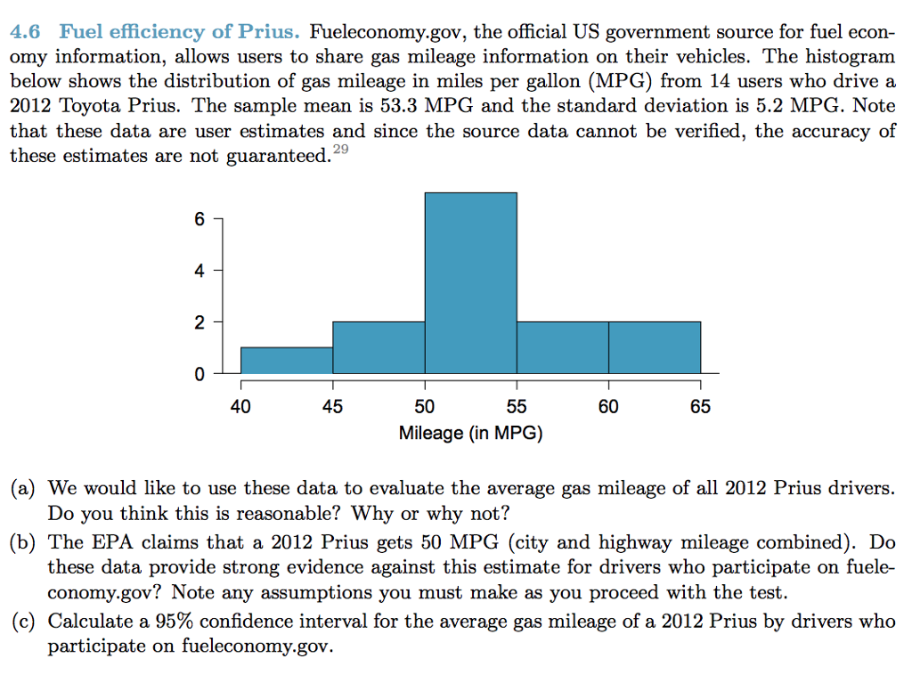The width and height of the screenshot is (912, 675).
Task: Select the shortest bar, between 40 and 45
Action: tap(287, 361)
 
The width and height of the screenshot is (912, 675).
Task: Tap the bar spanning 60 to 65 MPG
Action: tap(655, 347)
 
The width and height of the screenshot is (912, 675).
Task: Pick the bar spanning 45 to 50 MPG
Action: tap(379, 347)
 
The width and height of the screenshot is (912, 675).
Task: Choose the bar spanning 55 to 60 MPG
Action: tap(562, 347)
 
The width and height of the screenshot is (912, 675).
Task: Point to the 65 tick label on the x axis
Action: tap(700, 408)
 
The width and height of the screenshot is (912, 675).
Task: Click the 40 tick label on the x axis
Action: tap(240, 408)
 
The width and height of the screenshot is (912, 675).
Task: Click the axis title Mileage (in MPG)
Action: tap(470, 434)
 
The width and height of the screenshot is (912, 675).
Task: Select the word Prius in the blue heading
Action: tap(268, 33)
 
